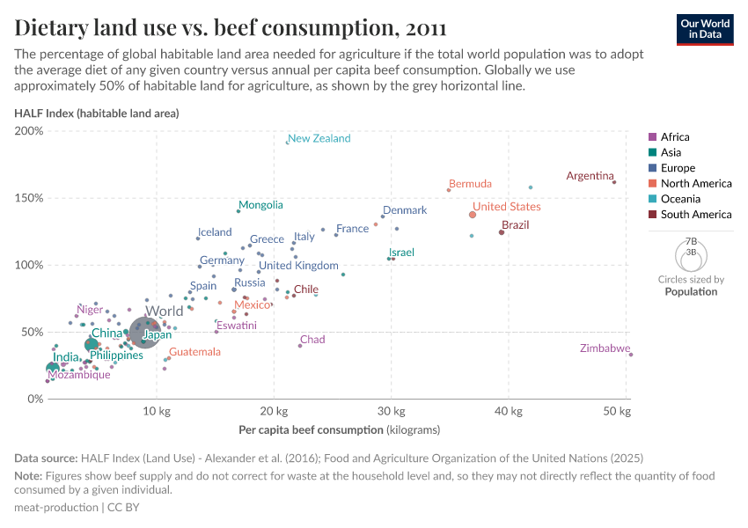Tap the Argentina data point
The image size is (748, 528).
pos(614,182)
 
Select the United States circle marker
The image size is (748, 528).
pos(473,215)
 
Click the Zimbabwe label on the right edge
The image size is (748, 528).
pos(605,348)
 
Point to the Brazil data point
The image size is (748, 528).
pos(502,232)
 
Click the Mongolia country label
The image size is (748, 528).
pos(260,205)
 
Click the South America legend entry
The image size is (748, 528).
pos(695,215)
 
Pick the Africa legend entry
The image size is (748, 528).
pos(675,137)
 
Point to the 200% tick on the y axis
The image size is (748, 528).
pos(28,131)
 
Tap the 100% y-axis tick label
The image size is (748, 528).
pos(28,265)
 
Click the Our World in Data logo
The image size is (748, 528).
pos(705,29)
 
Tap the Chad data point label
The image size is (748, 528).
pos(312,340)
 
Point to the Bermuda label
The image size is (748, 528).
pos(470,184)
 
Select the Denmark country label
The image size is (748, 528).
pos(405,210)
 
